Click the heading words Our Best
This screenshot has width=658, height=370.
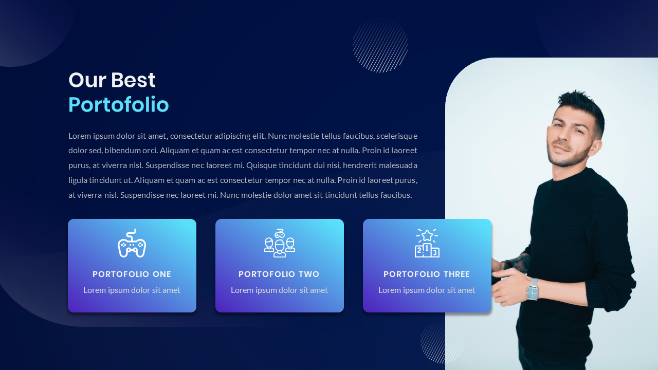(112, 80)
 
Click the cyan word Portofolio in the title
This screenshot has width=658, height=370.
(118, 105)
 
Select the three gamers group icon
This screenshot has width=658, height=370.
(279, 243)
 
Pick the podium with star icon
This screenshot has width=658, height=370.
(427, 243)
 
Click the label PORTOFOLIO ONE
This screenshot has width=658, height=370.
(132, 274)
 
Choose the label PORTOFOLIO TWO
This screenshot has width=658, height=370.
(279, 274)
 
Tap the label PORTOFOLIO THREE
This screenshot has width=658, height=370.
(427, 274)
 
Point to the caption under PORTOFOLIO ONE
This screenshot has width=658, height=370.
(132, 290)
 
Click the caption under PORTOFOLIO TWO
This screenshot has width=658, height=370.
(279, 290)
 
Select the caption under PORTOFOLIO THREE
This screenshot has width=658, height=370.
(427, 290)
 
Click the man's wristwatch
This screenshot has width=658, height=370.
(532, 291)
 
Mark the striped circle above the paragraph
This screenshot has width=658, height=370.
(380, 45)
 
